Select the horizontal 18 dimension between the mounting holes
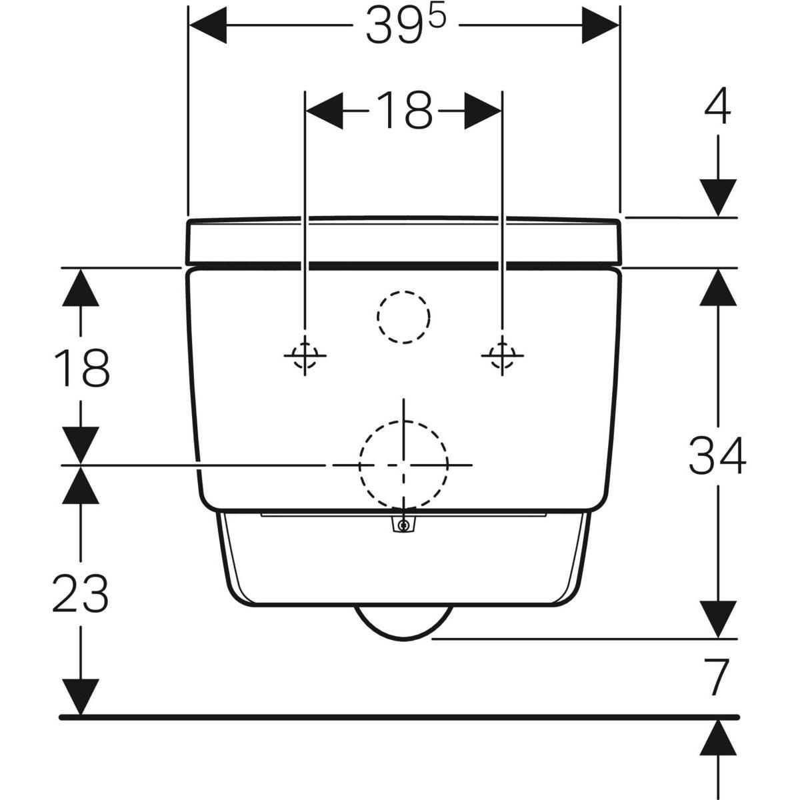tap(403, 111)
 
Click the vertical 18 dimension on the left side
tap(82, 368)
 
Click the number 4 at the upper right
tap(718, 106)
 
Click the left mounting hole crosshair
tap(305, 355)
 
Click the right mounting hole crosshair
tap(503, 355)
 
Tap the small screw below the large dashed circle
tap(403, 525)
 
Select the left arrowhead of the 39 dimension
tap(207, 25)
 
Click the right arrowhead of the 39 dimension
tap(600, 25)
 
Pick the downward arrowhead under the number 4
tap(718, 197)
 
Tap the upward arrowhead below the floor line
tap(718, 739)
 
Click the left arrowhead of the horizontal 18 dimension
tap(325, 111)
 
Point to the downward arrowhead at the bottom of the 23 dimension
tap(81, 697)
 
